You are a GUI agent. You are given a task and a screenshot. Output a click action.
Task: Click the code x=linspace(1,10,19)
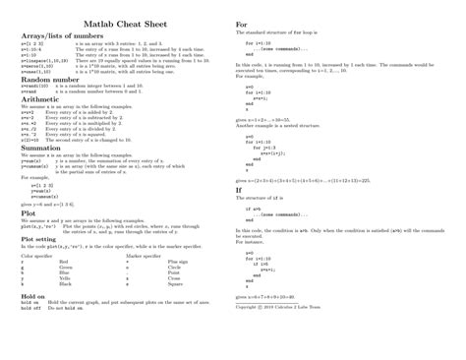(42, 60)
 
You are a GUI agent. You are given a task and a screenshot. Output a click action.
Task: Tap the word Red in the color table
(63, 263)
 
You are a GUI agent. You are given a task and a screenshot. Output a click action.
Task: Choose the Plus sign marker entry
(178, 263)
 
